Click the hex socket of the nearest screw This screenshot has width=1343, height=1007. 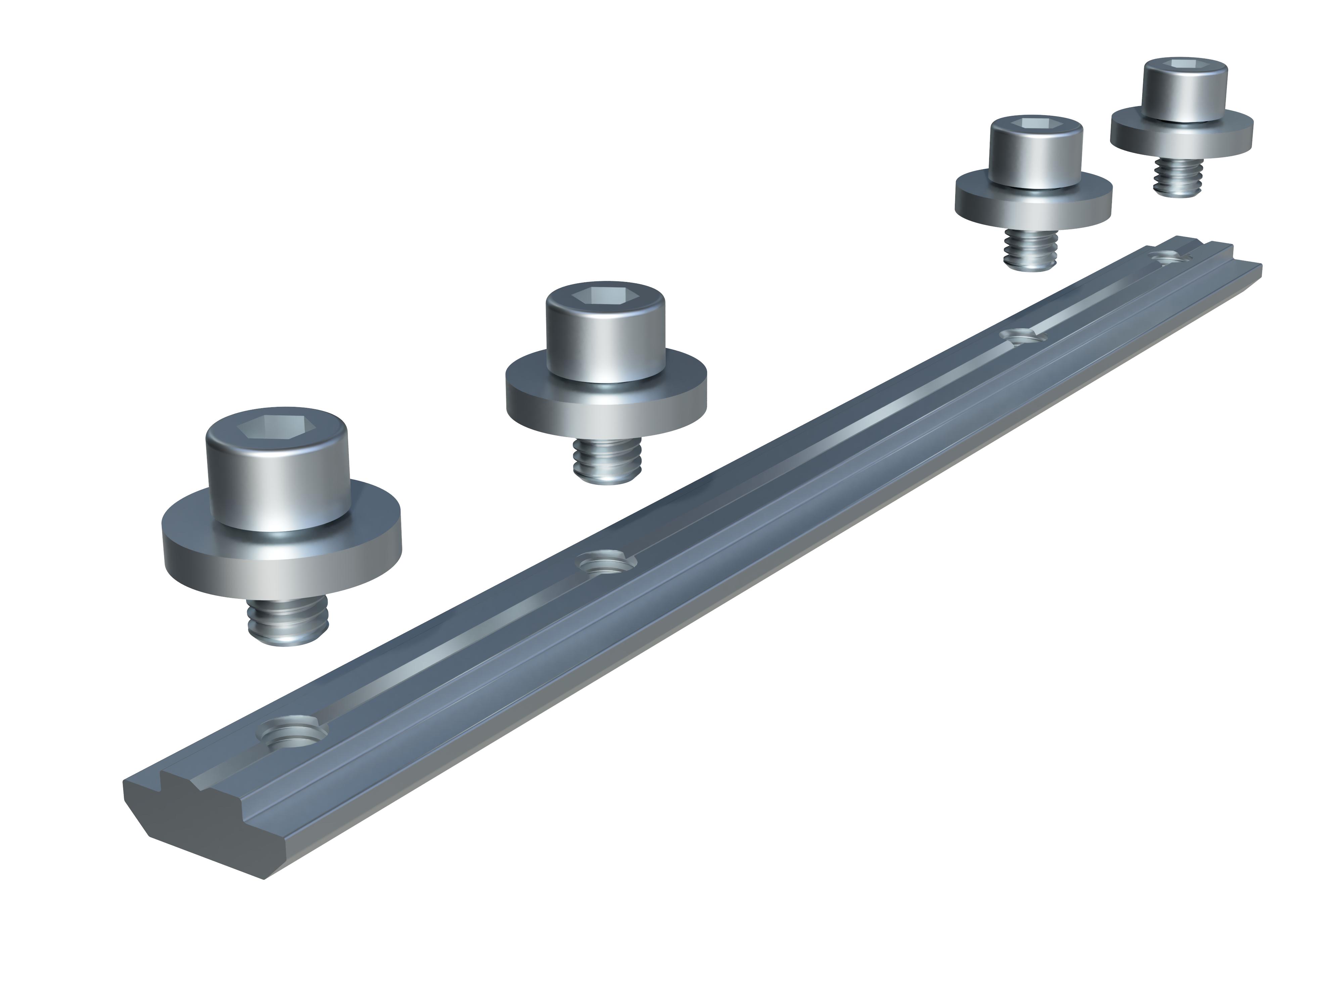tap(276, 429)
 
